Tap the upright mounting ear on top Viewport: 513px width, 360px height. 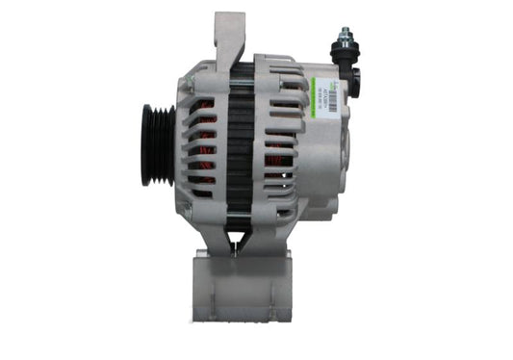(228, 43)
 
